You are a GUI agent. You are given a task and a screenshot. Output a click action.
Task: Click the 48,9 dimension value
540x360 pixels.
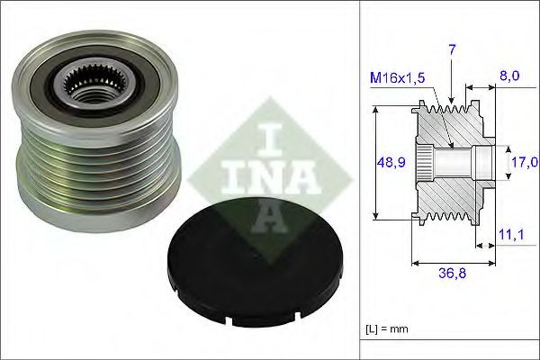[388, 163]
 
